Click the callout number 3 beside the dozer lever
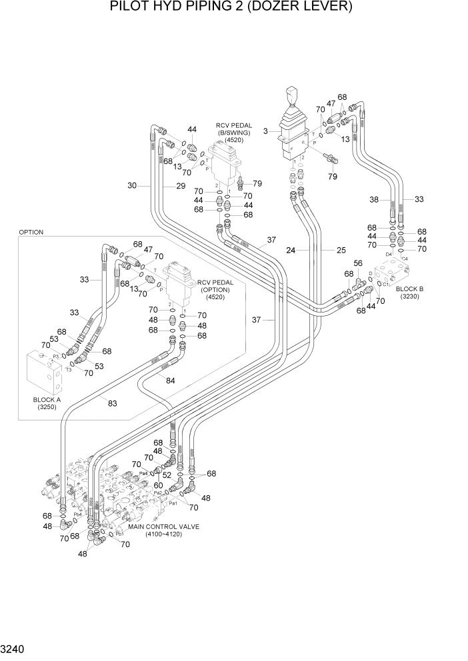pyautogui.click(x=265, y=132)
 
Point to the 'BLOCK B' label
pyautogui.click(x=409, y=289)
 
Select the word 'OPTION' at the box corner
pyautogui.click(x=31, y=233)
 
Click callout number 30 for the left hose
pyautogui.click(x=132, y=186)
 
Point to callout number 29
pyautogui.click(x=180, y=186)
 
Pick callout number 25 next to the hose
pyautogui.click(x=341, y=251)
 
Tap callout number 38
pyautogui.click(x=374, y=199)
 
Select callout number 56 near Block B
pyautogui.click(x=357, y=263)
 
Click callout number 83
pyautogui.click(x=113, y=402)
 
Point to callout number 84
pyautogui.click(x=171, y=380)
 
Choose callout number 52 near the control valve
pyautogui.click(x=167, y=476)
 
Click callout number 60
pyautogui.click(x=159, y=486)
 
